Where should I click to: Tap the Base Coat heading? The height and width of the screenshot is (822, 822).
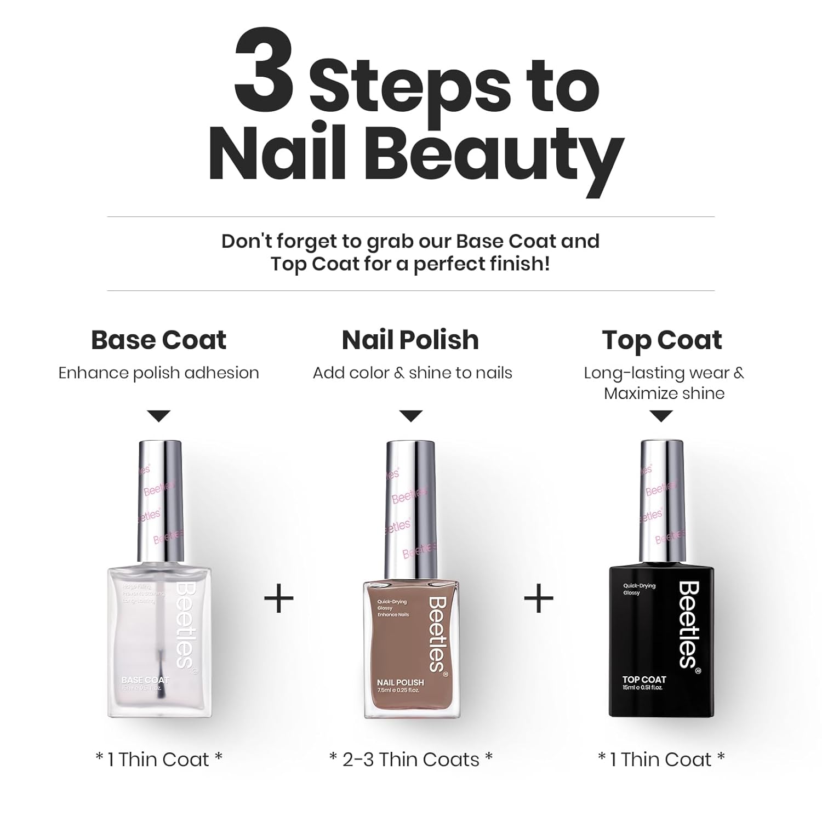click(x=158, y=340)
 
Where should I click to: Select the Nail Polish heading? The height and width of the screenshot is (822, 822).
click(x=410, y=340)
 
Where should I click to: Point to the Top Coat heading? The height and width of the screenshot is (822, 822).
click(x=662, y=340)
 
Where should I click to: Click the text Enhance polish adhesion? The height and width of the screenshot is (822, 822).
click(x=158, y=373)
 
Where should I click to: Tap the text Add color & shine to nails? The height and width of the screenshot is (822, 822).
click(x=412, y=373)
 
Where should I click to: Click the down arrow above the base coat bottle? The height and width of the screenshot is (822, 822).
click(x=159, y=416)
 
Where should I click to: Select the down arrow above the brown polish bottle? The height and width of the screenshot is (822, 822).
click(x=411, y=416)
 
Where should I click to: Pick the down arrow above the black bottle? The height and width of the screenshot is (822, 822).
click(x=661, y=416)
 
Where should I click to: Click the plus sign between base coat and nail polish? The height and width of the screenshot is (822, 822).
click(x=279, y=598)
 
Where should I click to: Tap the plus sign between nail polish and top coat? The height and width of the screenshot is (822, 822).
click(x=539, y=598)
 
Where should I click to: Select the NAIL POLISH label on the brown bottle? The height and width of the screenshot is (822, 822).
click(x=400, y=682)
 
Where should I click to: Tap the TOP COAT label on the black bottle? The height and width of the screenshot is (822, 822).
click(x=644, y=680)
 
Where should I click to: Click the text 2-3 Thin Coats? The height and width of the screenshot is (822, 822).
click(x=411, y=760)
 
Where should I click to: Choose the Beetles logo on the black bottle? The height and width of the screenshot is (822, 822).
click(x=689, y=625)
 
